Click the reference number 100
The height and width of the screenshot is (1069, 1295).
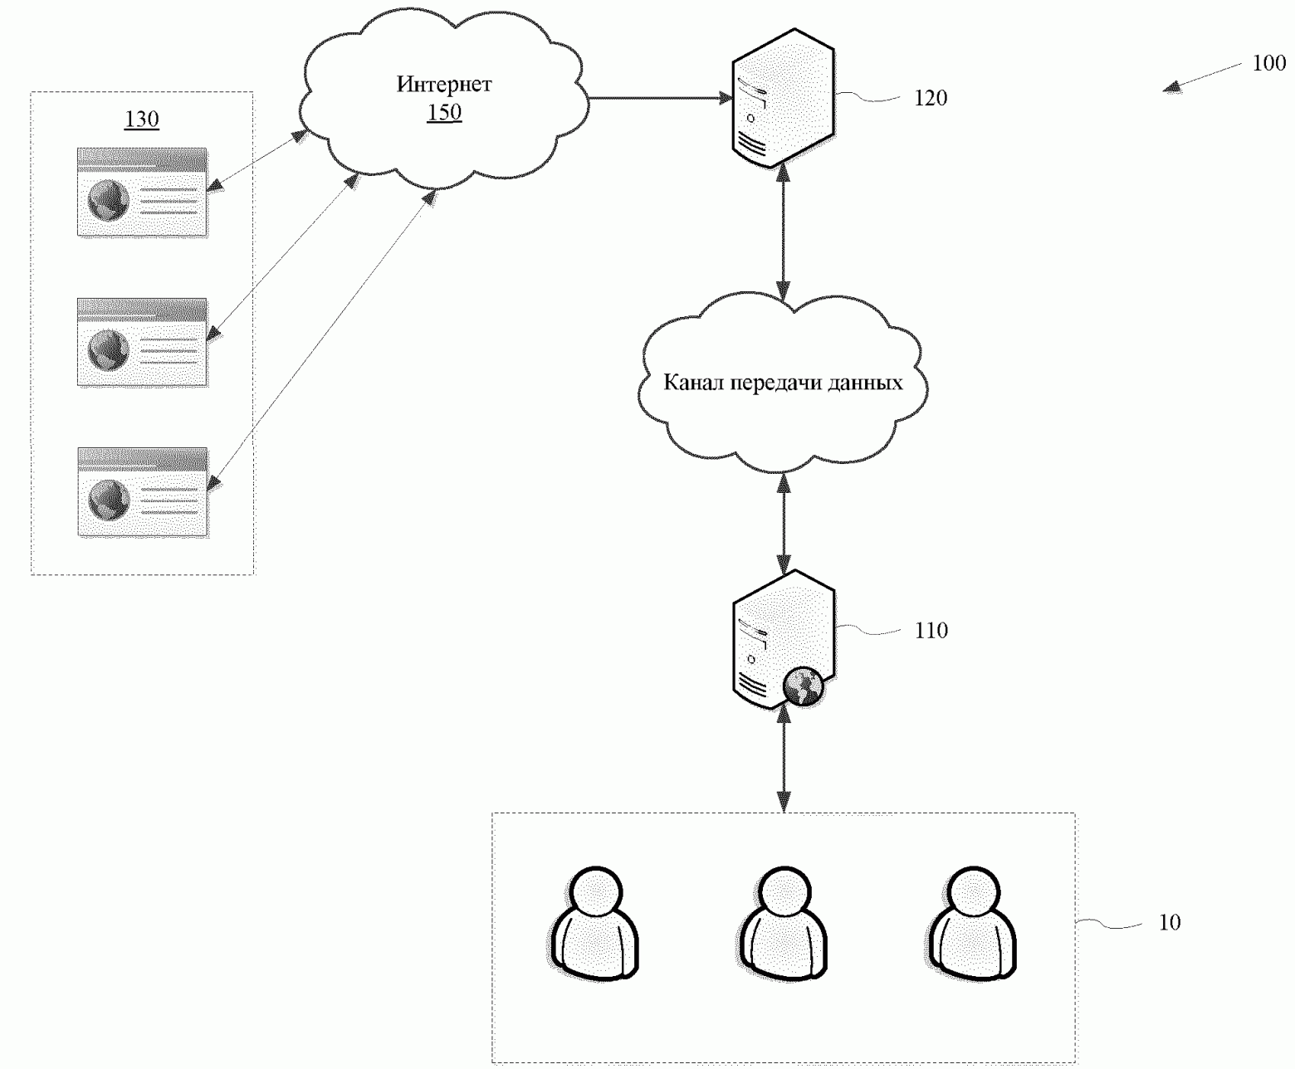(x=1269, y=62)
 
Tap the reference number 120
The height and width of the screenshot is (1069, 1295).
(x=931, y=98)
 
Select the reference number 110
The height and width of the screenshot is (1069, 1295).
(x=931, y=631)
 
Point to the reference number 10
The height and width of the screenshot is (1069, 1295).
(x=1170, y=923)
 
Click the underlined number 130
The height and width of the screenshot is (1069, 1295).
(x=142, y=119)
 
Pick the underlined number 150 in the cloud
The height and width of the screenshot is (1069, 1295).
(x=444, y=112)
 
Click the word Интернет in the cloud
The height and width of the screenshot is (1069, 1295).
(x=444, y=84)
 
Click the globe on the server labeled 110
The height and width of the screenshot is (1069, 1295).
(x=804, y=686)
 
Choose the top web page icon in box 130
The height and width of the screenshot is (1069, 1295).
(x=143, y=193)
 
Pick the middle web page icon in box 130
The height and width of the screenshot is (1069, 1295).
(x=143, y=342)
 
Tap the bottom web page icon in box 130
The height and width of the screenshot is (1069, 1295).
(x=143, y=492)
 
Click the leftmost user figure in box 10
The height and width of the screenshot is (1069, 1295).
(x=595, y=923)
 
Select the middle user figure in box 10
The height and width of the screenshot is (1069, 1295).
(x=784, y=923)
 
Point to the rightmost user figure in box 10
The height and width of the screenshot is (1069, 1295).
(x=972, y=923)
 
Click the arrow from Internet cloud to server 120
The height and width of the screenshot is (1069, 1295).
(x=660, y=98)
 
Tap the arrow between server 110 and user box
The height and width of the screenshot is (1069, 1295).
(x=784, y=759)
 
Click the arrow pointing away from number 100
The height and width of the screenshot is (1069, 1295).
(x=1202, y=77)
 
